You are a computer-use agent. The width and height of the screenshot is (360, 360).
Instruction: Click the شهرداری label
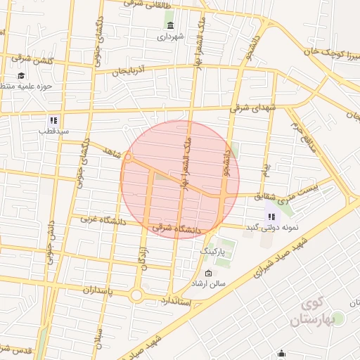171,35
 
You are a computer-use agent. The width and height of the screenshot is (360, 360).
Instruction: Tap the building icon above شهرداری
171,25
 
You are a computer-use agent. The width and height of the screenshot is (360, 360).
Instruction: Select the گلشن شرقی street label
35,61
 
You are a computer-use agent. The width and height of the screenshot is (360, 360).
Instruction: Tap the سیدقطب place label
55,131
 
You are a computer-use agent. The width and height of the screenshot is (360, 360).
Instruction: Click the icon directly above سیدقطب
53,120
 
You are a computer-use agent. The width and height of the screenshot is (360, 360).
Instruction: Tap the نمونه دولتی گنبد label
273,228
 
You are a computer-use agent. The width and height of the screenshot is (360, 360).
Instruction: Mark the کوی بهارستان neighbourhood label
321,312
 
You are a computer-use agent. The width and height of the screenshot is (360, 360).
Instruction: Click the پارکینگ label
213,250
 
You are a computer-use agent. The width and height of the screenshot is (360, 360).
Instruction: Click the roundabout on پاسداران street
136,295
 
